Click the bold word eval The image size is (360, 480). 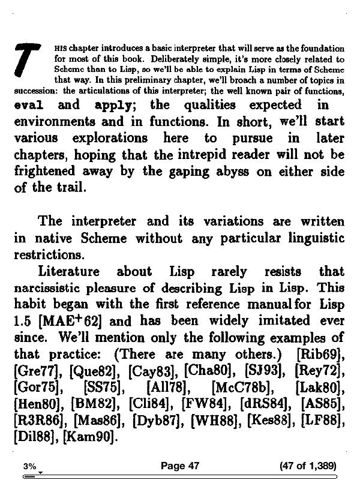tap(29, 106)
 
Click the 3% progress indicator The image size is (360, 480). tap(29, 466)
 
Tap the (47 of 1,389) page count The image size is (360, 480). tap(308, 466)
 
